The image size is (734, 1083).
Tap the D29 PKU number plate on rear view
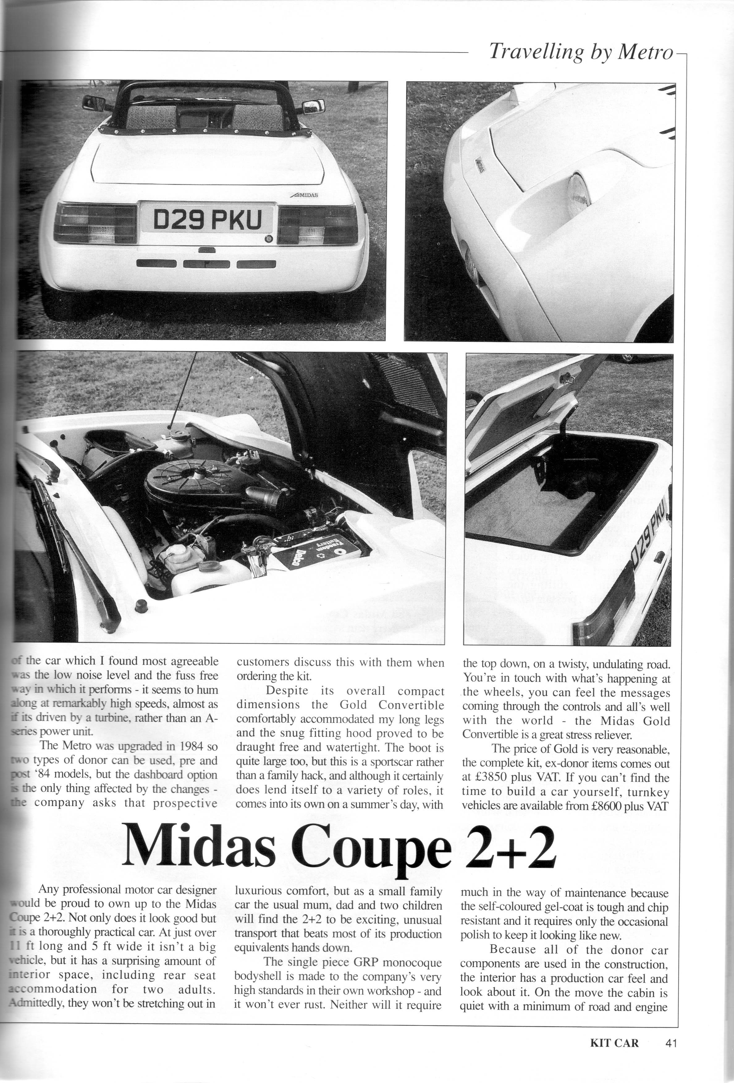(x=208, y=220)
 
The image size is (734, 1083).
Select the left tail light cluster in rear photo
(x=95, y=223)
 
